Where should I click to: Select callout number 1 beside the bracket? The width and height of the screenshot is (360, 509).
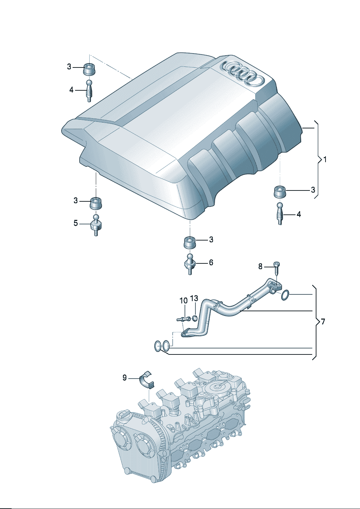(x=325, y=159)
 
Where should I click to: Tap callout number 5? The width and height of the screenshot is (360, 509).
(x=75, y=223)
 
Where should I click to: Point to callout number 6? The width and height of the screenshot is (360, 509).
(x=211, y=262)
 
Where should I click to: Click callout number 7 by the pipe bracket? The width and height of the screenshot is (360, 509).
(x=323, y=321)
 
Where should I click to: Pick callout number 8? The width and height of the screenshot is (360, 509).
(x=260, y=267)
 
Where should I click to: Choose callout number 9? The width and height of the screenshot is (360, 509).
(x=124, y=378)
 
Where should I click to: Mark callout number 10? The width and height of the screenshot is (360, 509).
(x=184, y=300)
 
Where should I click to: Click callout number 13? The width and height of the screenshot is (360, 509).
(x=194, y=298)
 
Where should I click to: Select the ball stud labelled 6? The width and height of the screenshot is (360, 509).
(x=190, y=264)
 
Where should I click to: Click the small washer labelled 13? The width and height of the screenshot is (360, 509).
(x=195, y=319)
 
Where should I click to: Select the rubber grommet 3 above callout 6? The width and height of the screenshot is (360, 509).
(x=189, y=242)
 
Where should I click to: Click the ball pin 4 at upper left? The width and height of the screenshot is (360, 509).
(x=89, y=91)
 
